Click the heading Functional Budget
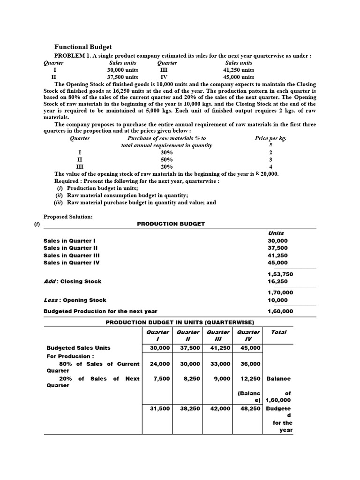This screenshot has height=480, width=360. coord(83,47)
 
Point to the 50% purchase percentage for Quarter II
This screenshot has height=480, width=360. coord(166,159)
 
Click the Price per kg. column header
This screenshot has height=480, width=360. coord(270,138)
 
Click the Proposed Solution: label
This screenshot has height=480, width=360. coord(68,217)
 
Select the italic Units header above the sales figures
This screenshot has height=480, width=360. coord(276,233)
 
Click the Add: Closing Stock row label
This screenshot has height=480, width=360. coord(72,282)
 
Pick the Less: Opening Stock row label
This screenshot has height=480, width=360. coord(75,300)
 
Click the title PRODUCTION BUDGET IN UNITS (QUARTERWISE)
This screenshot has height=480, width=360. coord(180,322)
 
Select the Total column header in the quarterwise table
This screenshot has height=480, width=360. coord(278,332)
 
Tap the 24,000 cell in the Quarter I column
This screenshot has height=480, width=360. coord(156,364)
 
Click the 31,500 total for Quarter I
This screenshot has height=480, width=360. coord(156,409)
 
